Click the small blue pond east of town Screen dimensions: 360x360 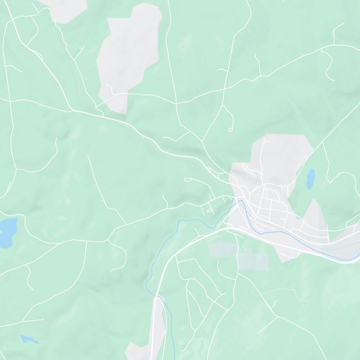[310, 179]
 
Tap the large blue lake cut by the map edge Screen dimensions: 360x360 [7, 232]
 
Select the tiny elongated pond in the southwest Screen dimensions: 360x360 [28, 338]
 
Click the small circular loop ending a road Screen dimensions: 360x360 [230, 130]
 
